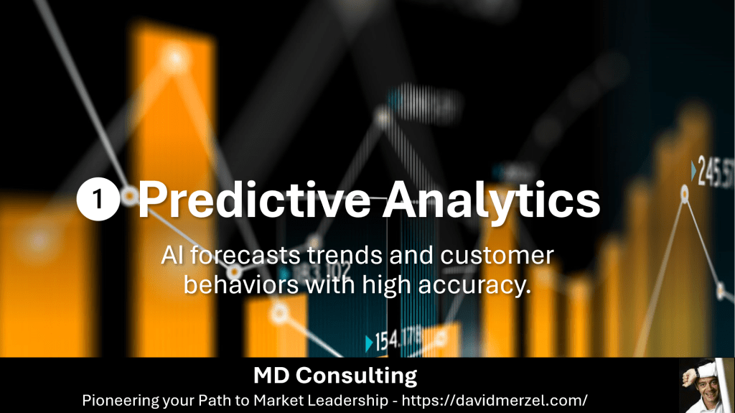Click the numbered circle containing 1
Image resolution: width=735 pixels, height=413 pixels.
tap(98, 199)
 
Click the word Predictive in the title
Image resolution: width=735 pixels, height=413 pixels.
tap(254, 200)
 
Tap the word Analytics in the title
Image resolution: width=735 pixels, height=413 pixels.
tap(492, 200)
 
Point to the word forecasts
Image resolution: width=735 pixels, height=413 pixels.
tap(245, 256)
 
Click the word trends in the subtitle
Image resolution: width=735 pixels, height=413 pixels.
tap(345, 256)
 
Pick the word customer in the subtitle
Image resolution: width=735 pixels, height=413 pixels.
tap(497, 256)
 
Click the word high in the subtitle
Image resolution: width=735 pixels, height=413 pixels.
tap(386, 285)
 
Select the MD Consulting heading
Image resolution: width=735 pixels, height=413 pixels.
tap(335, 376)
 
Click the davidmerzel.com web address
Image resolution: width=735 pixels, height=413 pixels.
tap(495, 400)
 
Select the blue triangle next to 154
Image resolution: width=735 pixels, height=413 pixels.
tap(369, 343)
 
